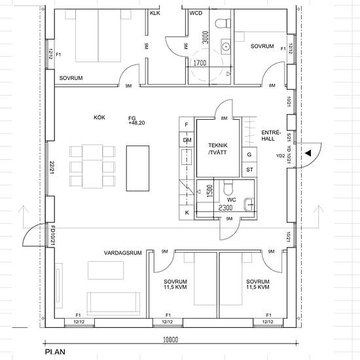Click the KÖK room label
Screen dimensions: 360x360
coord(99,117)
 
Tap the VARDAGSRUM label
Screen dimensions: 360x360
coord(122,253)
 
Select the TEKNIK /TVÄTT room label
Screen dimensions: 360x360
coord(218,149)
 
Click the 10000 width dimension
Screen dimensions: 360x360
coord(171,340)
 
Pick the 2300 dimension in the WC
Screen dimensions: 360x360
coord(225,208)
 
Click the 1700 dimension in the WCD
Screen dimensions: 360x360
coord(200,63)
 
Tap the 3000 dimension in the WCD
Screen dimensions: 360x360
coord(206,37)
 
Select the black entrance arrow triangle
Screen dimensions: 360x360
coord(308,153)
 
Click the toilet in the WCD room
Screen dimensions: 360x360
coord(223,24)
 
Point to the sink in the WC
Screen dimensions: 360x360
coord(249,204)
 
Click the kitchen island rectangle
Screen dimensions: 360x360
coord(137,168)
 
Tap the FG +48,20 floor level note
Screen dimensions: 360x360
coord(136,121)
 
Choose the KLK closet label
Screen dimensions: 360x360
coord(155,13)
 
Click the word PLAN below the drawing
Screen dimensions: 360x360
coord(55,351)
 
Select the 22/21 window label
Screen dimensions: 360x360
coord(52,167)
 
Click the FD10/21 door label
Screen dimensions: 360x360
coord(52,235)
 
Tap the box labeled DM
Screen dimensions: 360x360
coord(187,140)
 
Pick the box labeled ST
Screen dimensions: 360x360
coord(249,170)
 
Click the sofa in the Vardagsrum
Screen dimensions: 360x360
coord(113,304)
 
